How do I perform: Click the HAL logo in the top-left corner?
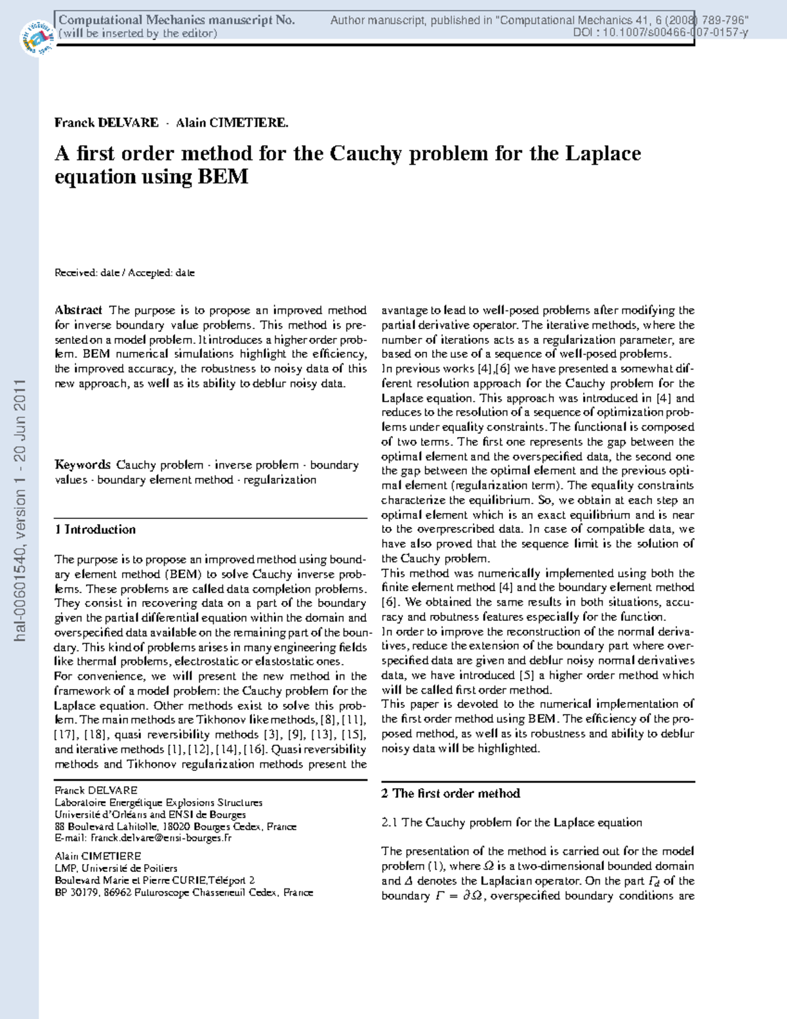[37, 37]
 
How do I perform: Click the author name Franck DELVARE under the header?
[106, 123]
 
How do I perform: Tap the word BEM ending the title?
[223, 177]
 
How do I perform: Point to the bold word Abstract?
[78, 310]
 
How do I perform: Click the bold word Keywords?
[83, 465]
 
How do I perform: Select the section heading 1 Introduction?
[95, 530]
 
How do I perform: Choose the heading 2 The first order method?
[451, 793]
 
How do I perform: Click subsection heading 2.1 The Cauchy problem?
[512, 823]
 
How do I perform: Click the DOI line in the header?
[660, 33]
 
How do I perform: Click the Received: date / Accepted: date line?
[125, 273]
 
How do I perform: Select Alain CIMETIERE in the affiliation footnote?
[98, 856]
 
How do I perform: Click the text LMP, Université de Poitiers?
[116, 868]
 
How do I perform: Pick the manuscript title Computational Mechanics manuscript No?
[176, 20]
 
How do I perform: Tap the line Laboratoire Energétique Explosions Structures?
[158, 802]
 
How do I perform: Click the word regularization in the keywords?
[280, 480]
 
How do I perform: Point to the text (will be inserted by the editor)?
[138, 33]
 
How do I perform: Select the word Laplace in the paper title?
[603, 154]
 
